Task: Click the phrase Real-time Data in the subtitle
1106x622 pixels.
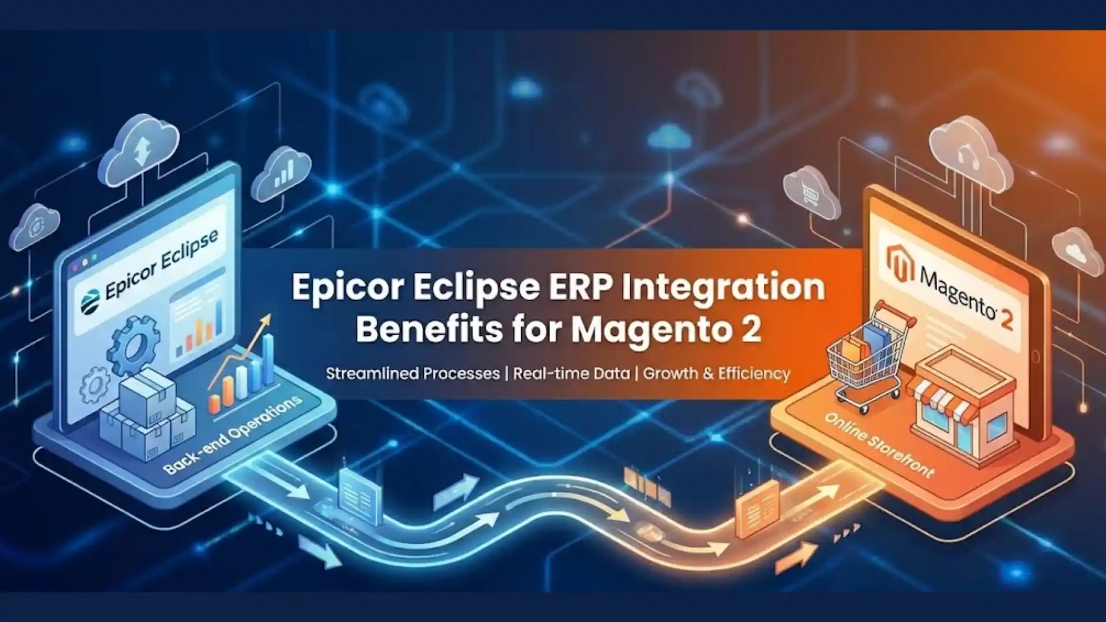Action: tap(571, 373)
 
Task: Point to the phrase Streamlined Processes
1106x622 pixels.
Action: tap(412, 373)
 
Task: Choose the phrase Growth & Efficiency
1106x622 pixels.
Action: tap(717, 373)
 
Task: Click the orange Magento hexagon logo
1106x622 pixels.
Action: tap(900, 263)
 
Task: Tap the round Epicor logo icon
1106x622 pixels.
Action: tap(90, 301)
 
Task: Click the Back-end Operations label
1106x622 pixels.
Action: tap(232, 435)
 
